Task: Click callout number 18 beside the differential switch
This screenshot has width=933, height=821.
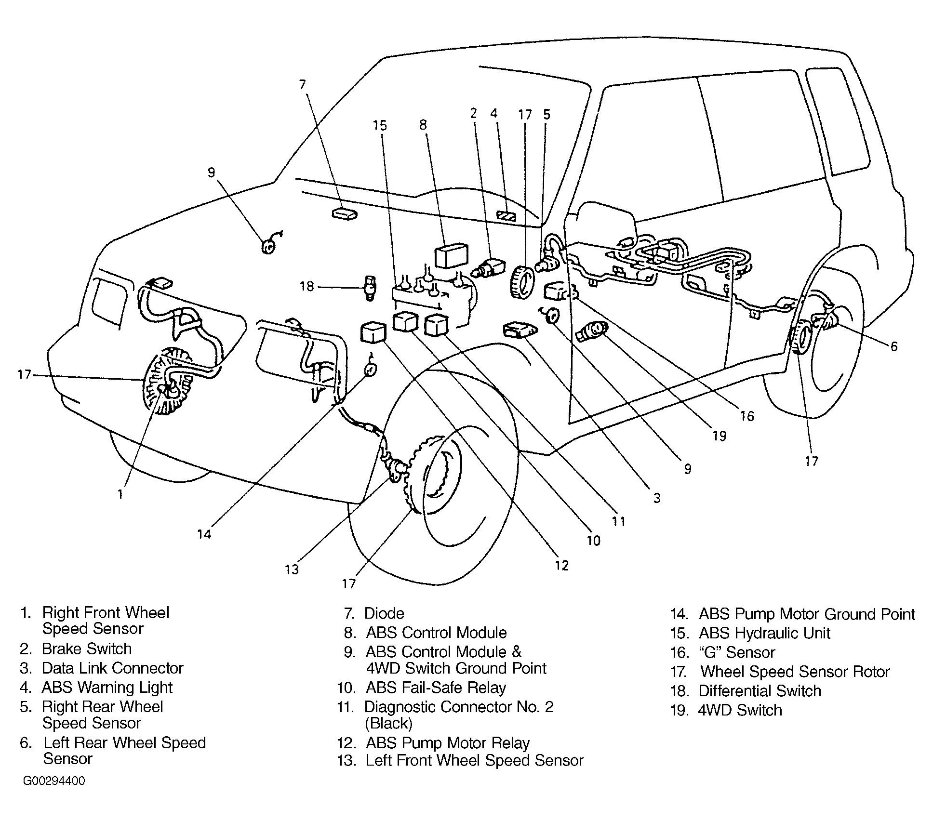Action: click(x=307, y=287)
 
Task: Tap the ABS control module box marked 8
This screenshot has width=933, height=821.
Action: click(x=451, y=255)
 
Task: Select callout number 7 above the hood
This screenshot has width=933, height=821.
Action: click(x=302, y=85)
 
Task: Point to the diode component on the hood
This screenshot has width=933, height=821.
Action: click(x=344, y=213)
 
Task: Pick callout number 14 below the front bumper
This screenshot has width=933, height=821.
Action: click(x=204, y=534)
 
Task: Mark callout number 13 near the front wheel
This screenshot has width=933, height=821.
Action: click(x=292, y=569)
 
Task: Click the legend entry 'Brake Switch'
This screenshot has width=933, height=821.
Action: click(x=87, y=649)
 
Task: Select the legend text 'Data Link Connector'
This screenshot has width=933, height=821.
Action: click(x=112, y=668)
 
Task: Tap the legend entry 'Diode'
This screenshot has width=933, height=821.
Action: click(x=384, y=613)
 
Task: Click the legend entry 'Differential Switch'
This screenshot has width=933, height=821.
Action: click(x=760, y=691)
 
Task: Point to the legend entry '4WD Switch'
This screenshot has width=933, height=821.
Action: click(x=740, y=710)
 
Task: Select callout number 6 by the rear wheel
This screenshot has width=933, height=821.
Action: click(x=893, y=346)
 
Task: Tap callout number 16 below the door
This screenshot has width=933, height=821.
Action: click(x=747, y=416)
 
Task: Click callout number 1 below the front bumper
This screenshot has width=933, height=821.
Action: click(x=120, y=494)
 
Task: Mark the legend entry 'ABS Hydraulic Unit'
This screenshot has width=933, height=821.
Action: click(x=764, y=633)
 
